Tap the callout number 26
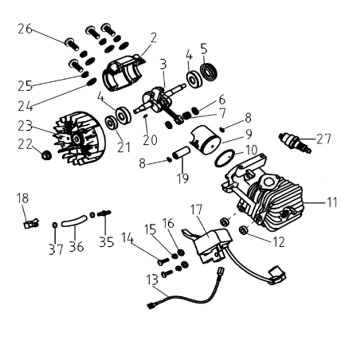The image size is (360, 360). click(x=25, y=29)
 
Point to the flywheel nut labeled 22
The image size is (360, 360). click(x=46, y=154)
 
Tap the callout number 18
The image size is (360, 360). click(x=22, y=196)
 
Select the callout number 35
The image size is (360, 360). click(x=107, y=241)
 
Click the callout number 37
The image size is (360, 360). click(x=55, y=250)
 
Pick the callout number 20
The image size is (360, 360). click(x=149, y=140)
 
